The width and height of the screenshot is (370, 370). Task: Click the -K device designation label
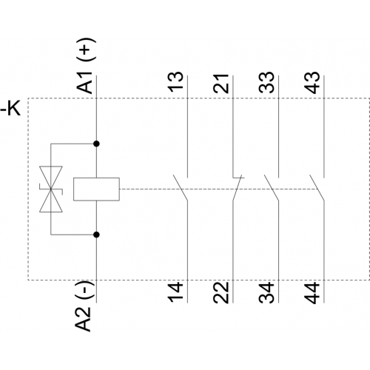pyautogui.click(x=10, y=109)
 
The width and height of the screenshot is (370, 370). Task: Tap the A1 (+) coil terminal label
pyautogui.click(x=85, y=66)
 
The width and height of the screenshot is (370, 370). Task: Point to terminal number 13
pyautogui.click(x=175, y=82)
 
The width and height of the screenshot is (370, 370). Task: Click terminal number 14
pyautogui.click(x=175, y=292)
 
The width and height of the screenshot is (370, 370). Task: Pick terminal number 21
pyautogui.click(x=221, y=83)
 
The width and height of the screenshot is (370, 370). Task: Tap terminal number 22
pyautogui.click(x=221, y=292)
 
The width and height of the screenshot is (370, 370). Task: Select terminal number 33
pyautogui.click(x=266, y=82)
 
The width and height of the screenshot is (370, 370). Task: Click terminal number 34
pyautogui.click(x=266, y=292)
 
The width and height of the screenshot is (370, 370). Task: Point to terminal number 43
pyautogui.click(x=312, y=82)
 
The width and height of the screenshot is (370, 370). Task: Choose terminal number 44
pyautogui.click(x=312, y=292)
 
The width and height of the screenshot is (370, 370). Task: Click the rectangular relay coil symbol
pyautogui.click(x=96, y=189)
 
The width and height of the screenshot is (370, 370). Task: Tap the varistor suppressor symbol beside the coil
pyautogui.click(x=51, y=189)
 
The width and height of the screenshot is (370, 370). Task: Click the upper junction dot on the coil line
pyautogui.click(x=97, y=144)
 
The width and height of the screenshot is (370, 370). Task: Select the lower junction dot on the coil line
pyautogui.click(x=97, y=235)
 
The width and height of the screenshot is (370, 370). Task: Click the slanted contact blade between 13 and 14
pyautogui.click(x=181, y=188)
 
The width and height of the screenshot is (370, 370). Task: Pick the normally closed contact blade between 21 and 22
pyautogui.click(x=237, y=189)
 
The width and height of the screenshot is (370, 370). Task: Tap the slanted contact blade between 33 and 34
pyautogui.click(x=272, y=188)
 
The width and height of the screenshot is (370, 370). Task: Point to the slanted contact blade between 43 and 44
pyautogui.click(x=317, y=188)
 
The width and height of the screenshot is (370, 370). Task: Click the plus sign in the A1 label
pyautogui.click(x=85, y=50)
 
